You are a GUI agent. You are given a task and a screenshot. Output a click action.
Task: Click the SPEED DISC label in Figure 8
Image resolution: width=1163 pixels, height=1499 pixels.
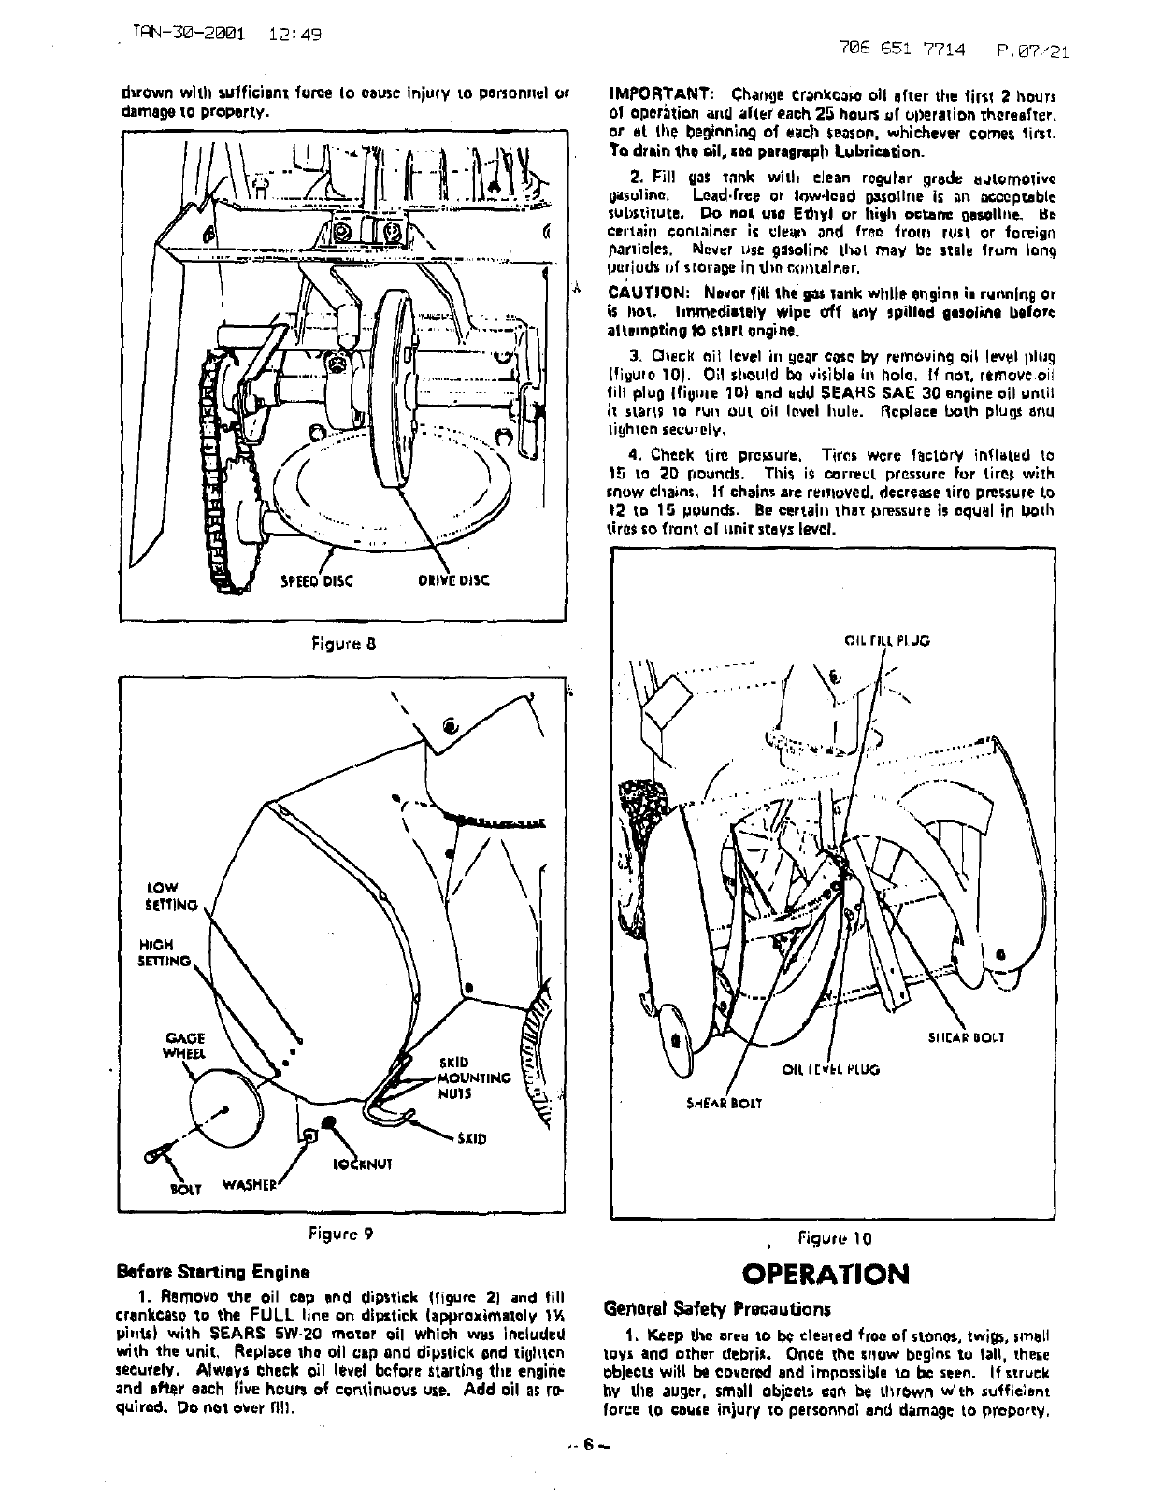[x=317, y=580]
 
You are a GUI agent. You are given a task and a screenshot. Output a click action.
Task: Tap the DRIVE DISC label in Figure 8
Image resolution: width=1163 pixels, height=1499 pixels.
[x=452, y=580]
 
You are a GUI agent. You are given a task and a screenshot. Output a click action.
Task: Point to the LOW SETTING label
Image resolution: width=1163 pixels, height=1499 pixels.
[x=172, y=896]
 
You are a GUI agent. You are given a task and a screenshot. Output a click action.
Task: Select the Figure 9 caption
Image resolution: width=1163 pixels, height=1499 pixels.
[x=341, y=1232]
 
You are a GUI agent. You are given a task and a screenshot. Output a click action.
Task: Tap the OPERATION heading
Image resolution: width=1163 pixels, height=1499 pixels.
[x=824, y=1274]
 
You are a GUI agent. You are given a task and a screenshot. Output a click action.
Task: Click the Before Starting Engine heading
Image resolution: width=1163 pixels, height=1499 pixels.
[x=214, y=1271]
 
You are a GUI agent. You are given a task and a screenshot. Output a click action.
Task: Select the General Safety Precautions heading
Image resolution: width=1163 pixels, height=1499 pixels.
[x=717, y=1307]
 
